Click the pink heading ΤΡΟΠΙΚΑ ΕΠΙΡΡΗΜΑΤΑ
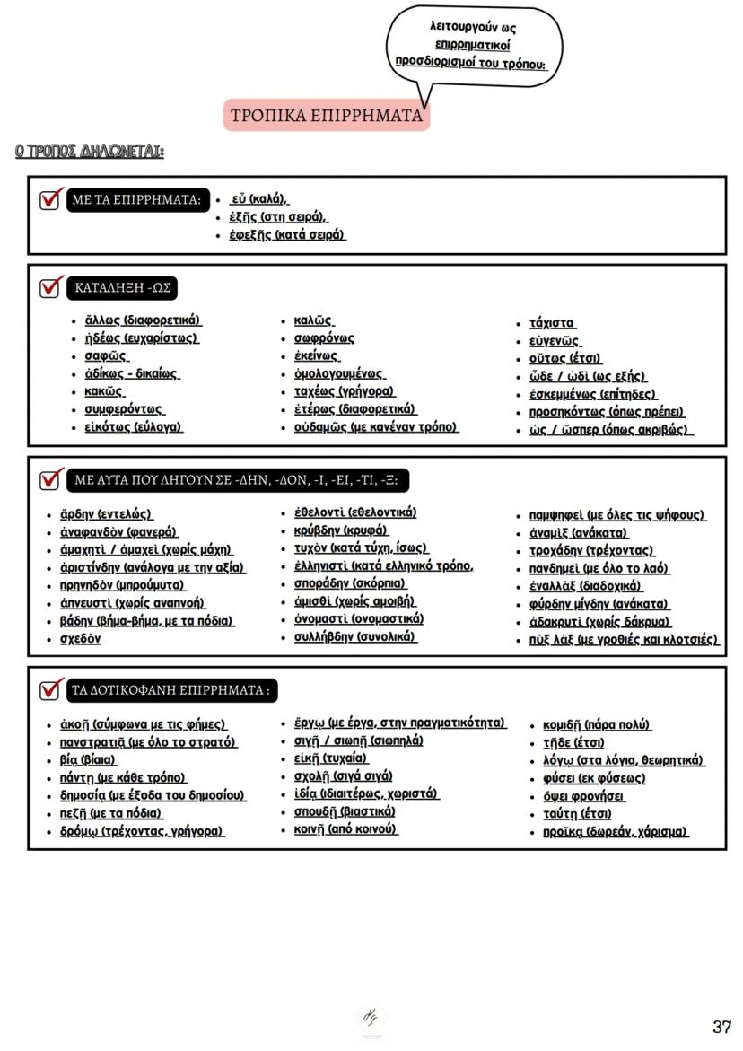(327, 116)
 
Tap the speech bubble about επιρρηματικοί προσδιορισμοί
(473, 45)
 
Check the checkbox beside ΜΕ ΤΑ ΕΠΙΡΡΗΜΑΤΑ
(50, 199)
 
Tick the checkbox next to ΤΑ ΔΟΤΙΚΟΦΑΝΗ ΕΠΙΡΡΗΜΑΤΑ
(50, 690)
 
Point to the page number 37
(721, 1027)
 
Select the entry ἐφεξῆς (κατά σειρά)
(287, 235)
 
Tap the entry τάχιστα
(552, 323)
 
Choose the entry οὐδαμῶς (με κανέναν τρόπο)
(376, 427)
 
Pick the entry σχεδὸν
(80, 639)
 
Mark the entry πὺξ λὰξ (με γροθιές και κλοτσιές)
(624, 640)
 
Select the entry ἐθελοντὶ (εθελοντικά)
(355, 512)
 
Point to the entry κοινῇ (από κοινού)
(345, 829)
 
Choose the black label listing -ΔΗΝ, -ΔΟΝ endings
(238, 481)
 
